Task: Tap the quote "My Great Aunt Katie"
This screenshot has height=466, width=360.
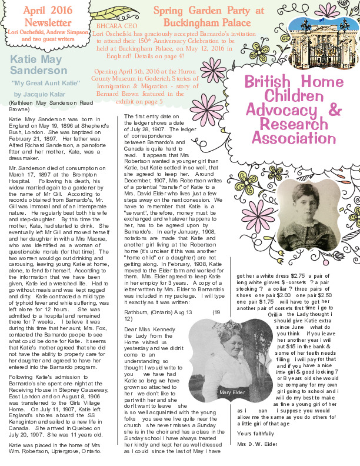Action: click(x=41, y=84)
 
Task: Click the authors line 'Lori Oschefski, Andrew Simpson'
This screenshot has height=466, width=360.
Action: click(x=45, y=30)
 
